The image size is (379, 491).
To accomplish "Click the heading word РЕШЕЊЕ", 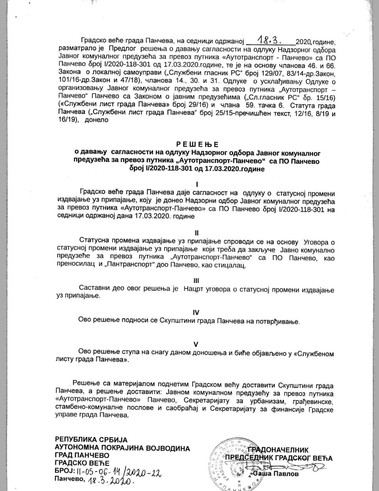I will pos(197,145).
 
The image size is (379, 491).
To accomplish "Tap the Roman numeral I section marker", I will pos(197,185).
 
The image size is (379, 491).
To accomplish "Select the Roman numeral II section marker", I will pos(197,233).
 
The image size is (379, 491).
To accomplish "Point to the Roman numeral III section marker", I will pos(196,280).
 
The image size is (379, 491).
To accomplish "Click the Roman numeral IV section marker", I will pos(196,312).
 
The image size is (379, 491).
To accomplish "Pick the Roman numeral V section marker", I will pos(196,344).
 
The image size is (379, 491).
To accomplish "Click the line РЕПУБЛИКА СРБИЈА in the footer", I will pos(91,440).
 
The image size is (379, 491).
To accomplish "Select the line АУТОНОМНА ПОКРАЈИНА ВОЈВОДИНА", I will pos(122,448).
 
